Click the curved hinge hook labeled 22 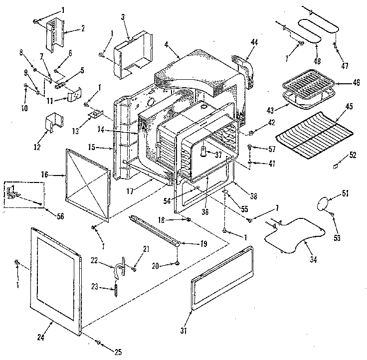click(x=119, y=268)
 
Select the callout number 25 click(x=118, y=353)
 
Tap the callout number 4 click(x=165, y=44)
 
